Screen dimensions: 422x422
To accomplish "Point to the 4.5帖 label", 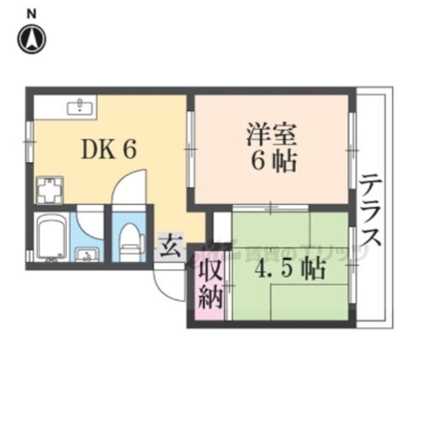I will click(x=290, y=268).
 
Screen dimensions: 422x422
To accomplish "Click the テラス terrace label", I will click(x=371, y=211).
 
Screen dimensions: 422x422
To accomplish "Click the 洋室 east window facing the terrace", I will click(x=352, y=150).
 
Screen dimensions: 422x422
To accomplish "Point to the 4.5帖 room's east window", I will click(x=352, y=265).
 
